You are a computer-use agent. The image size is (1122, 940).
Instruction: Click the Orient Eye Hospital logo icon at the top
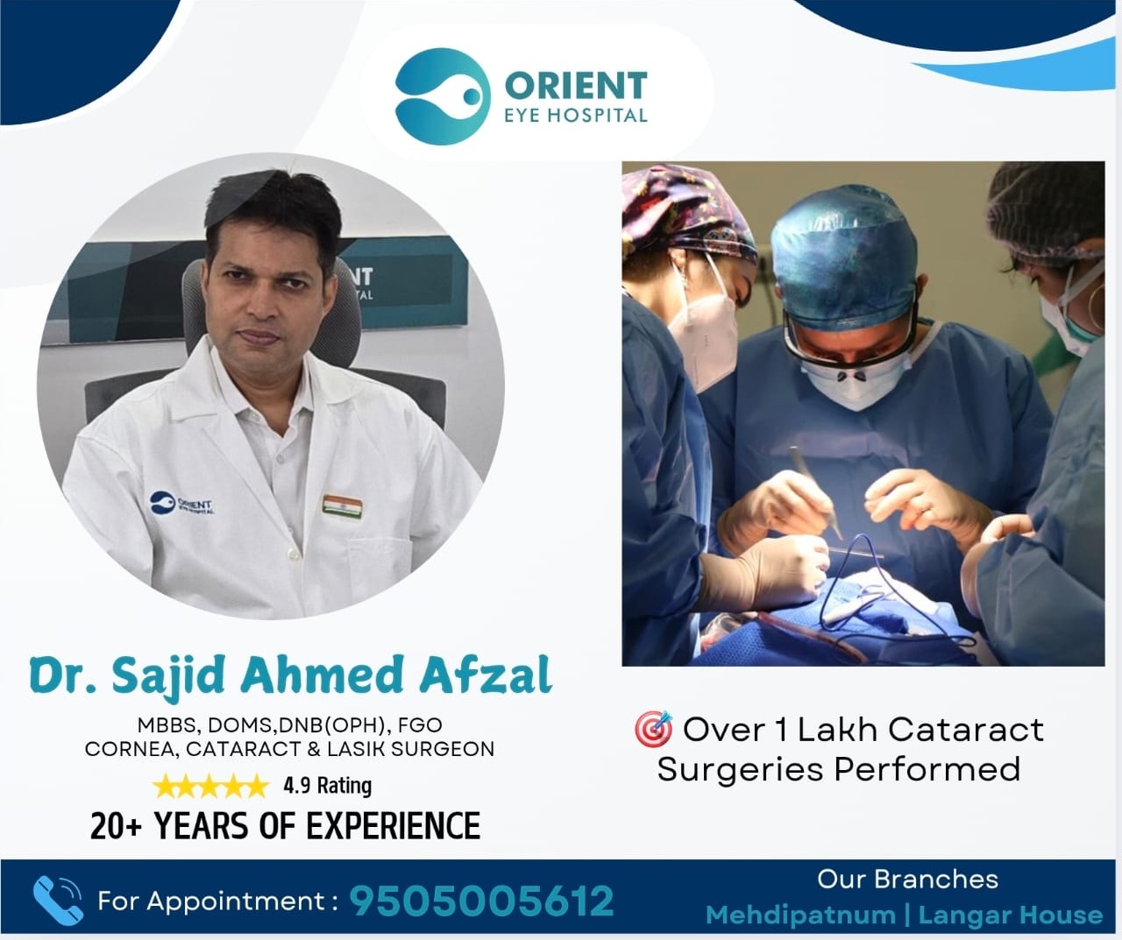[443, 96]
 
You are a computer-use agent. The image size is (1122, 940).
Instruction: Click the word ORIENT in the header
[576, 86]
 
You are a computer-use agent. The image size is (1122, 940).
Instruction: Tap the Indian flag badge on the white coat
[342, 507]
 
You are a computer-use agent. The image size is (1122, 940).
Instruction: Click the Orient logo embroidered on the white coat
[181, 504]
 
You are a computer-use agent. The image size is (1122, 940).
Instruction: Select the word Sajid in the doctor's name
[167, 676]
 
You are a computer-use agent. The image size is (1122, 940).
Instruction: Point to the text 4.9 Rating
[327, 786]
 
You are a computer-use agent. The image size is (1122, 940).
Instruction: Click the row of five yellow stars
[210, 787]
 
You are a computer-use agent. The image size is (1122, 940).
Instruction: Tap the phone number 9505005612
[481, 901]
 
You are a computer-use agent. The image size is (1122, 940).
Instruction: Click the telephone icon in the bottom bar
[58, 901]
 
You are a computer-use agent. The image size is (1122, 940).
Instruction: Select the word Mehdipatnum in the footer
[800, 915]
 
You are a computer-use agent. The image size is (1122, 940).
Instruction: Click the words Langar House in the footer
[1010, 915]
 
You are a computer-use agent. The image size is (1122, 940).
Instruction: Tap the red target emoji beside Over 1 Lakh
[653, 728]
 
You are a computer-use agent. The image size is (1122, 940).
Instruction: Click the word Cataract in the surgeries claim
[966, 730]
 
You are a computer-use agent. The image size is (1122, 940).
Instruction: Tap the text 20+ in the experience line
[116, 825]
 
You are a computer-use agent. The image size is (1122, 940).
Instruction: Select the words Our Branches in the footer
[907, 880]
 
